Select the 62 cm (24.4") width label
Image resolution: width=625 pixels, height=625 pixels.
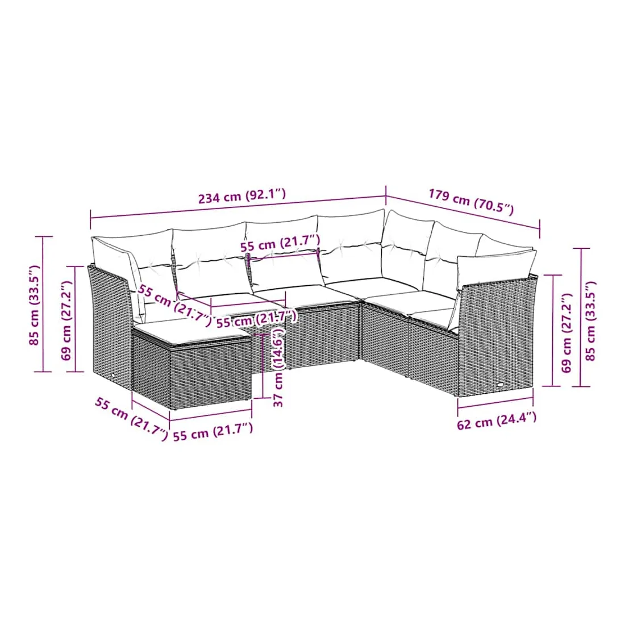[496, 420]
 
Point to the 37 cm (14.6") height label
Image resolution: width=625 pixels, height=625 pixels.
[278, 366]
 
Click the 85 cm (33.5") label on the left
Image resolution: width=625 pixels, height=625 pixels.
[35, 305]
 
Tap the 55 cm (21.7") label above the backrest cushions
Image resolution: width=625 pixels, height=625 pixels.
[280, 244]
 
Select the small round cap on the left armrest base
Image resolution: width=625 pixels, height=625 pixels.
[113, 376]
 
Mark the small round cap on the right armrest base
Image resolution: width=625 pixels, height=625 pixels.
[500, 385]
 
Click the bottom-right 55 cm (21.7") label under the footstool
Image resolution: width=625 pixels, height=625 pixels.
[213, 432]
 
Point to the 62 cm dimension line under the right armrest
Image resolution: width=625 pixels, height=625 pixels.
[495, 403]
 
